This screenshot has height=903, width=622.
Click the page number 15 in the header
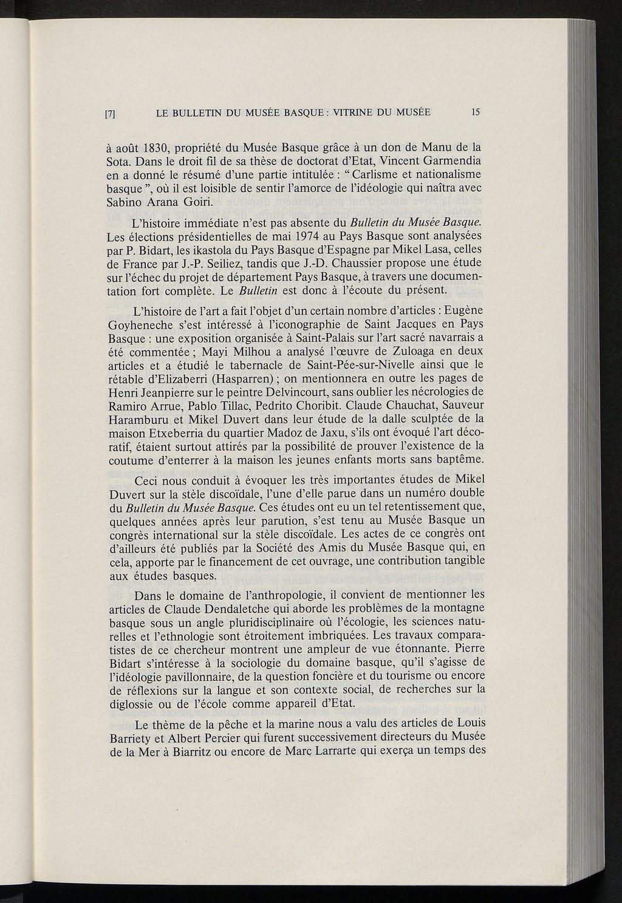pyautogui.click(x=475, y=112)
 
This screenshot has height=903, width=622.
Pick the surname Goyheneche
pyautogui.click(x=140, y=325)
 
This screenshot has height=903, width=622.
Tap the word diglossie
pyautogui.click(x=134, y=703)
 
